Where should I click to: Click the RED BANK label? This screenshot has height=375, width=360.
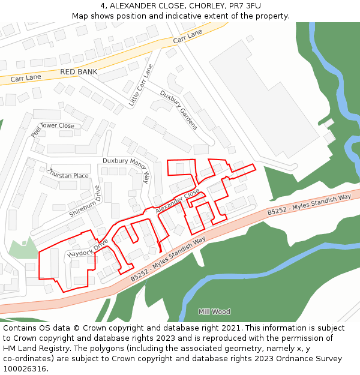tap(78, 72)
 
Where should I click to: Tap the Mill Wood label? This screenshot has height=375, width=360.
tap(214, 312)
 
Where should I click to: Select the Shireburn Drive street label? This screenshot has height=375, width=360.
tap(85, 201)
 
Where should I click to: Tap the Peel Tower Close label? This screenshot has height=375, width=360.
tap(53, 127)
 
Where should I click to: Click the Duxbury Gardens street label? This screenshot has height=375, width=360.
tap(179, 110)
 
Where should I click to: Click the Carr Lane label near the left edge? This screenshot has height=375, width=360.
tap(25, 77)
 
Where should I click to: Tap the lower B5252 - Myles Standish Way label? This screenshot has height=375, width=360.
tap(168, 259)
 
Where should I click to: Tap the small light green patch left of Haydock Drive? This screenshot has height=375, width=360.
tap(23, 248)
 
